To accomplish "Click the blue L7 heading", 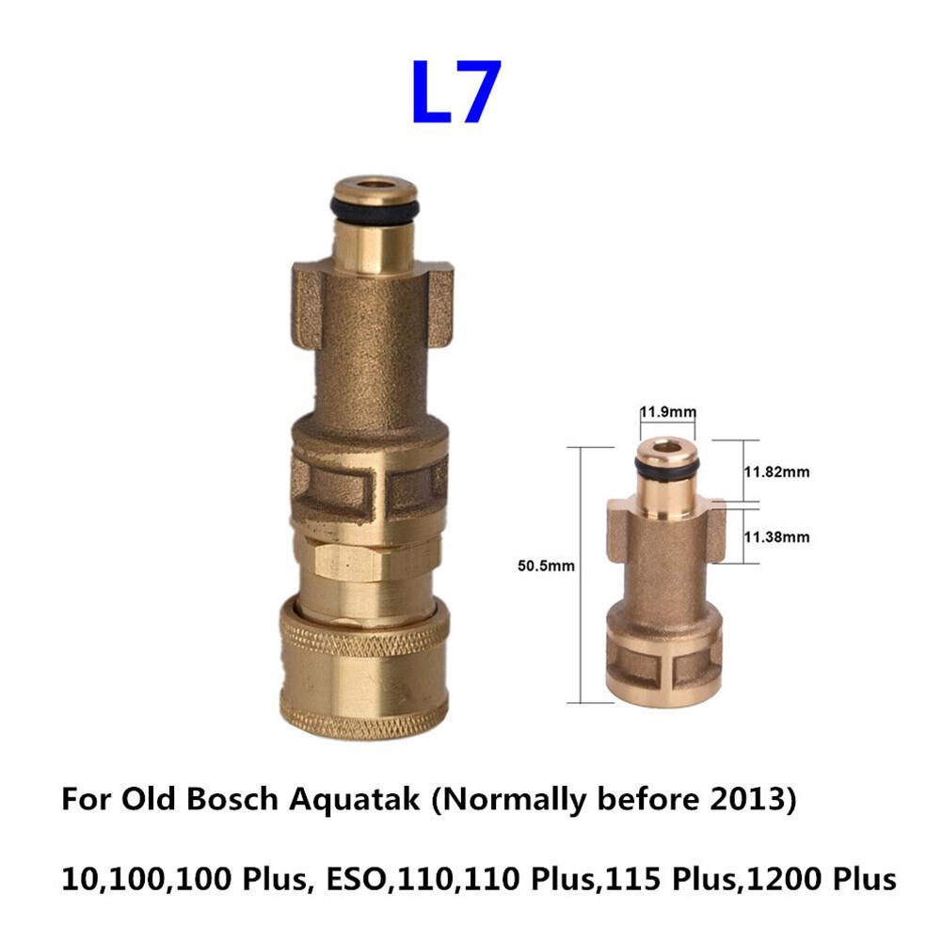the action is click(x=456, y=91).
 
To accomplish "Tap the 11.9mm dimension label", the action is click(x=667, y=411).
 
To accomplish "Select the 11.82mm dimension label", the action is click(x=776, y=471).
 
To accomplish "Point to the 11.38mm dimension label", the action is click(x=776, y=536).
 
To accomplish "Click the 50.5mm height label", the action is click(x=546, y=566).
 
